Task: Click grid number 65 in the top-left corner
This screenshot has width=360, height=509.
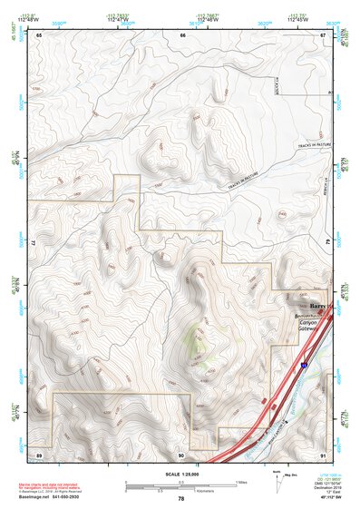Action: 39,34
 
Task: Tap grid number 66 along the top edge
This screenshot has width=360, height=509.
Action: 182,34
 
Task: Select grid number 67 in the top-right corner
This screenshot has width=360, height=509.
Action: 323,34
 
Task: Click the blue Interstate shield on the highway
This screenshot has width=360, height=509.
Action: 305,365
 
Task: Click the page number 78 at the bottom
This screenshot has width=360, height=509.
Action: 181,499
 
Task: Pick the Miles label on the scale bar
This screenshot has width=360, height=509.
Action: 241,482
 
